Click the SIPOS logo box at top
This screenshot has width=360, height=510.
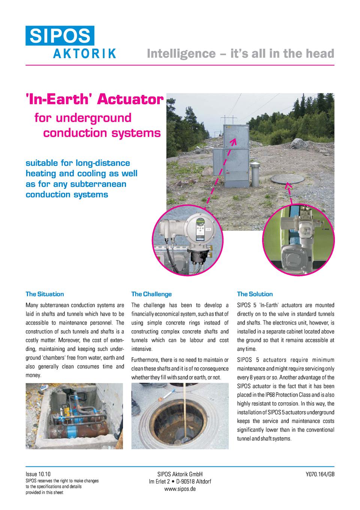click(60, 36)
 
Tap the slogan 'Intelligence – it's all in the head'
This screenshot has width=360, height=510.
click(240, 54)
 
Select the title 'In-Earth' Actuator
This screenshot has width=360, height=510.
click(94, 100)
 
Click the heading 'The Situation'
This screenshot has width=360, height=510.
click(45, 294)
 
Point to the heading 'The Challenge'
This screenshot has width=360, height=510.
click(151, 294)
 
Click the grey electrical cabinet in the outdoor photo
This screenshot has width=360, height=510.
click(231, 156)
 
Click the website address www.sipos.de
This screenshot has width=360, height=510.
click(180, 489)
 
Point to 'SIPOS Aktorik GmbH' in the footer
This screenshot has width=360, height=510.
click(180, 474)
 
